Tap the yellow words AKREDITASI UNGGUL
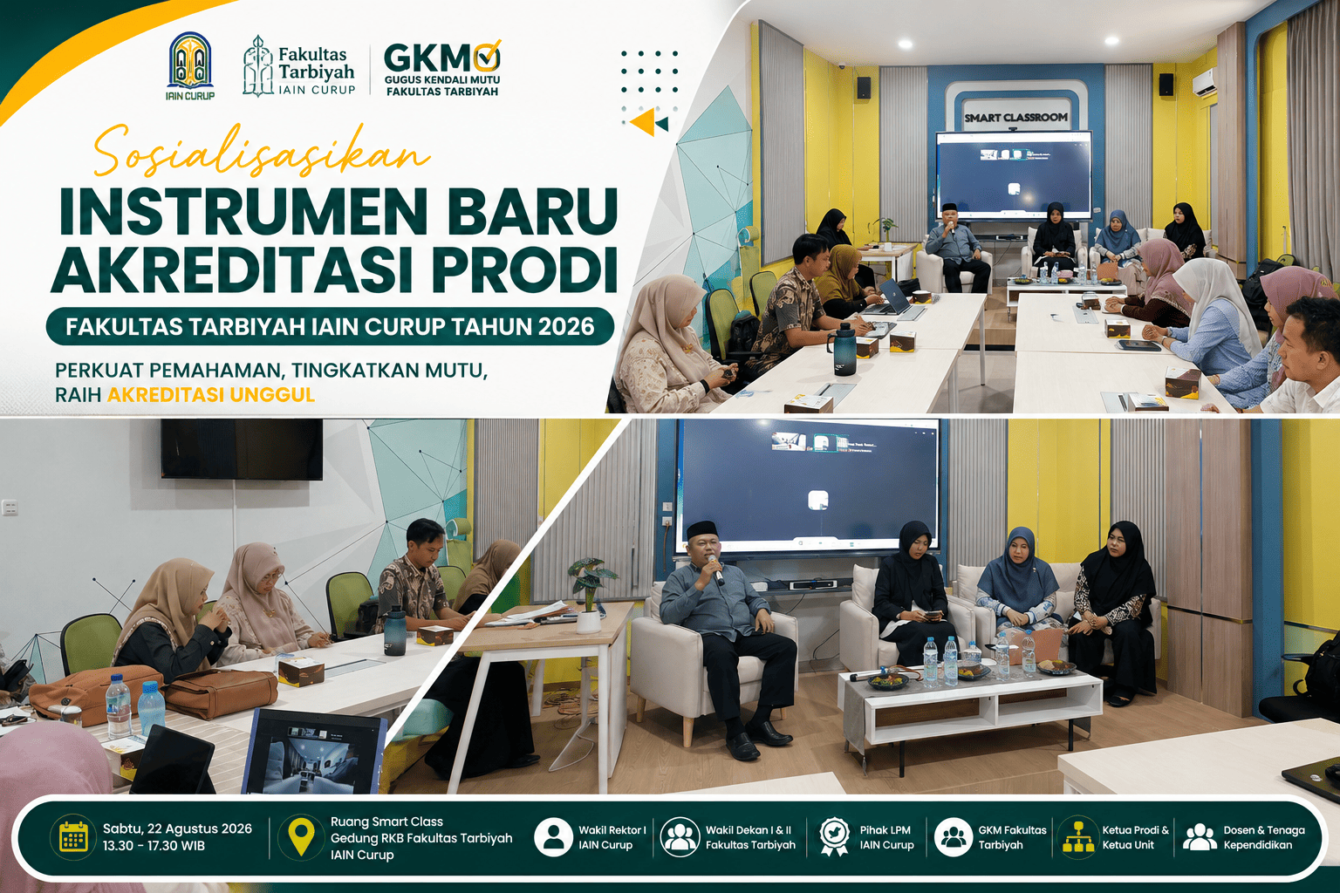point(210,395)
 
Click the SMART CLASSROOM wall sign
point(1015,118)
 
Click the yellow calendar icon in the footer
point(73,835)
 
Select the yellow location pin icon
point(302,837)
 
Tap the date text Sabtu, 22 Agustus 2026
point(177,829)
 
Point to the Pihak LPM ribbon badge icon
point(835,837)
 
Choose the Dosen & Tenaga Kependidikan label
point(1264,837)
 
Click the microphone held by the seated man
point(714,569)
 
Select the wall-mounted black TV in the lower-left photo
point(242,448)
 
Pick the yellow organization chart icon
point(1078,836)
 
